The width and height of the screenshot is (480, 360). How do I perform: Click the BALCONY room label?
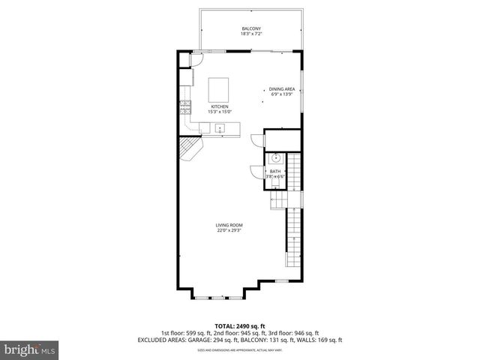(251, 28)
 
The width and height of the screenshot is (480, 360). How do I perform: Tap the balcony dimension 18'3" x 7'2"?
(251, 34)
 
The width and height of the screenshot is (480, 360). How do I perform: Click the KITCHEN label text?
(219, 106)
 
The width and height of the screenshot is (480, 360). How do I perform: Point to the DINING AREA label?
(280, 88)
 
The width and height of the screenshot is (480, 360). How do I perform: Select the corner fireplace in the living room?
(191, 150)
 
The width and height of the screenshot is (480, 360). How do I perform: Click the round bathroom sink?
(276, 159)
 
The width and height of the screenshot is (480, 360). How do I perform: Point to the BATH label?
(275, 172)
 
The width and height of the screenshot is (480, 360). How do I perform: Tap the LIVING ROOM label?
(229, 225)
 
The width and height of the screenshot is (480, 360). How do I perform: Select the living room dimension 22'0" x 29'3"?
(229, 231)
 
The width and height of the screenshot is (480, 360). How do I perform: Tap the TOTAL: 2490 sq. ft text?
(239, 326)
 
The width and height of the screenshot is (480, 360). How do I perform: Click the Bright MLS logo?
(30, 349)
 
